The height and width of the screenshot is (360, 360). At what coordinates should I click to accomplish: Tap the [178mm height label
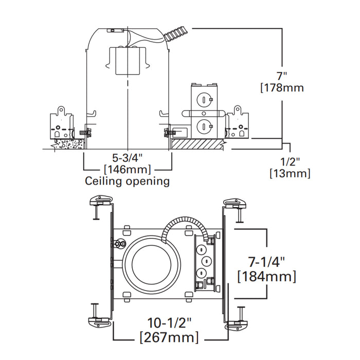point(281,87)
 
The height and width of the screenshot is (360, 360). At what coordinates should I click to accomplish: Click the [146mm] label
point(127,170)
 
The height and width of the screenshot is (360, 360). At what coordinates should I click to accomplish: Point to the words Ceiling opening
point(127,181)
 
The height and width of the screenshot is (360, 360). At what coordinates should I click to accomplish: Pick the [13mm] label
point(290,174)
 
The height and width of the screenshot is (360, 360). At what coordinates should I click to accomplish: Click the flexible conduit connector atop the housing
point(175,34)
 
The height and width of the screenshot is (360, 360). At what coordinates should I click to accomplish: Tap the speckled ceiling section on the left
point(67,143)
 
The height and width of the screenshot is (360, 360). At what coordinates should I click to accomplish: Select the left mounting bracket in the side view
point(61,123)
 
